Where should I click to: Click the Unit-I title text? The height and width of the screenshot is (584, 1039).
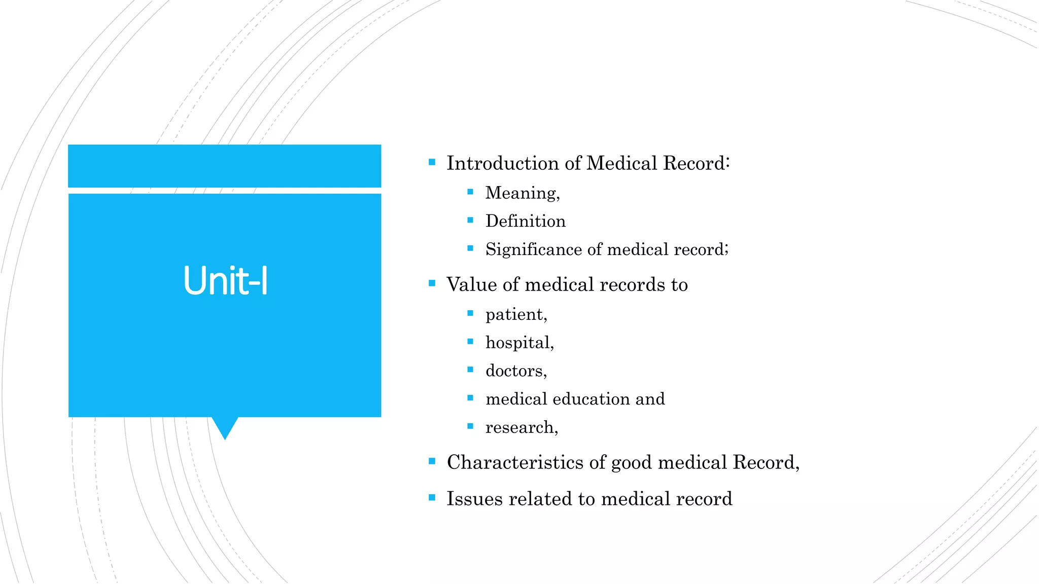click(x=225, y=281)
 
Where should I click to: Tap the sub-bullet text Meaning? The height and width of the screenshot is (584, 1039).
click(x=523, y=193)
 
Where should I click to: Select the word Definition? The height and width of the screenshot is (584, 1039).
click(x=525, y=221)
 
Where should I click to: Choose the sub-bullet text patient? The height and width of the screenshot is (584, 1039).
click(x=516, y=315)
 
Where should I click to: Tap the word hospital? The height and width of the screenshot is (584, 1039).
click(x=519, y=343)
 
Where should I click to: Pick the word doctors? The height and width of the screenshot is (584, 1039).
click(x=516, y=371)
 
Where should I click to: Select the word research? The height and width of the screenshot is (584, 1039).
click(x=522, y=427)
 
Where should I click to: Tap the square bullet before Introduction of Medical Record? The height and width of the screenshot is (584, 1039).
click(x=432, y=162)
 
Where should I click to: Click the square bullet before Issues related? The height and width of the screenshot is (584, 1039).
click(x=432, y=498)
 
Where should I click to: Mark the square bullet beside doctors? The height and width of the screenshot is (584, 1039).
click(x=470, y=370)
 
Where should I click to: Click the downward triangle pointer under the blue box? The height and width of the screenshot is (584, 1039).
click(x=225, y=427)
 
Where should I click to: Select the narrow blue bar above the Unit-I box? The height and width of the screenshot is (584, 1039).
click(x=225, y=166)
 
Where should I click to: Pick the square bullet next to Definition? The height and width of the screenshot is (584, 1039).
click(x=470, y=220)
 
